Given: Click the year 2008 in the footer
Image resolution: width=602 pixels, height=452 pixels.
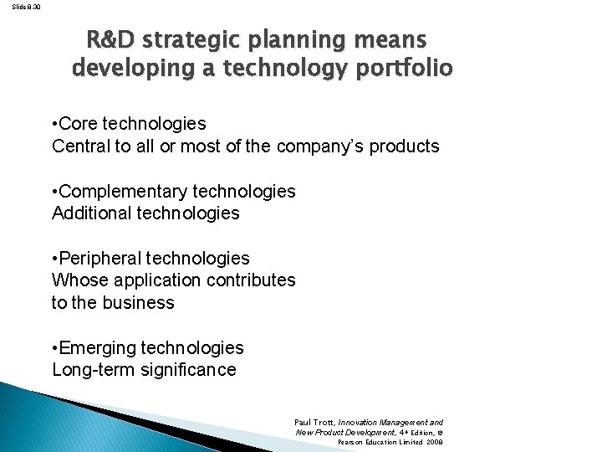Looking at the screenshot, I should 433,441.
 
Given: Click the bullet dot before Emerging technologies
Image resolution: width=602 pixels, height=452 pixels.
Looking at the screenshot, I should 55,347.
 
